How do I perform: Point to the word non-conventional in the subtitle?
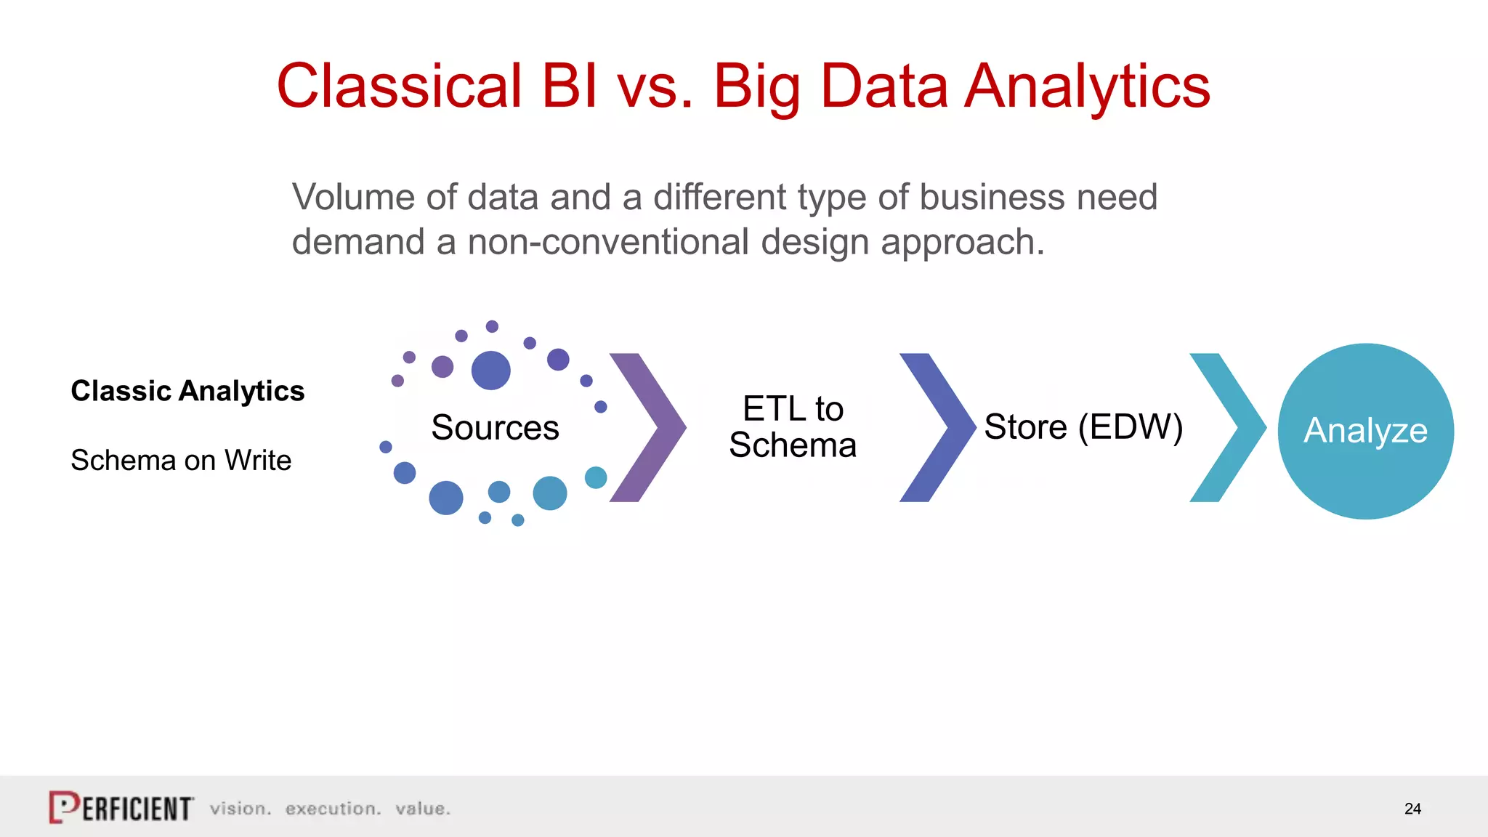pyautogui.click(x=607, y=242)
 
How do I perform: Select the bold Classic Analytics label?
pyautogui.click(x=187, y=391)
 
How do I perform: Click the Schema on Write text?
pyautogui.click(x=181, y=460)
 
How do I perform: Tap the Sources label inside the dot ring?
pyautogui.click(x=495, y=427)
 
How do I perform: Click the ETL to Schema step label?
pyautogui.click(x=793, y=427)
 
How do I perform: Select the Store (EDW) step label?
pyautogui.click(x=1083, y=427)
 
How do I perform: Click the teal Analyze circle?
pyautogui.click(x=1365, y=431)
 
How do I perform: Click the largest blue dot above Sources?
pyautogui.click(x=491, y=371)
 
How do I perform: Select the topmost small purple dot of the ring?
pyautogui.click(x=492, y=326)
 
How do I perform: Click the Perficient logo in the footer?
pyautogui.click(x=121, y=808)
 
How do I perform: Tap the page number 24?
pyautogui.click(x=1412, y=809)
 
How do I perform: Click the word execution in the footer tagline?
pyautogui.click(x=333, y=809)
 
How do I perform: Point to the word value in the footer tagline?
pyautogui.click(x=423, y=809)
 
